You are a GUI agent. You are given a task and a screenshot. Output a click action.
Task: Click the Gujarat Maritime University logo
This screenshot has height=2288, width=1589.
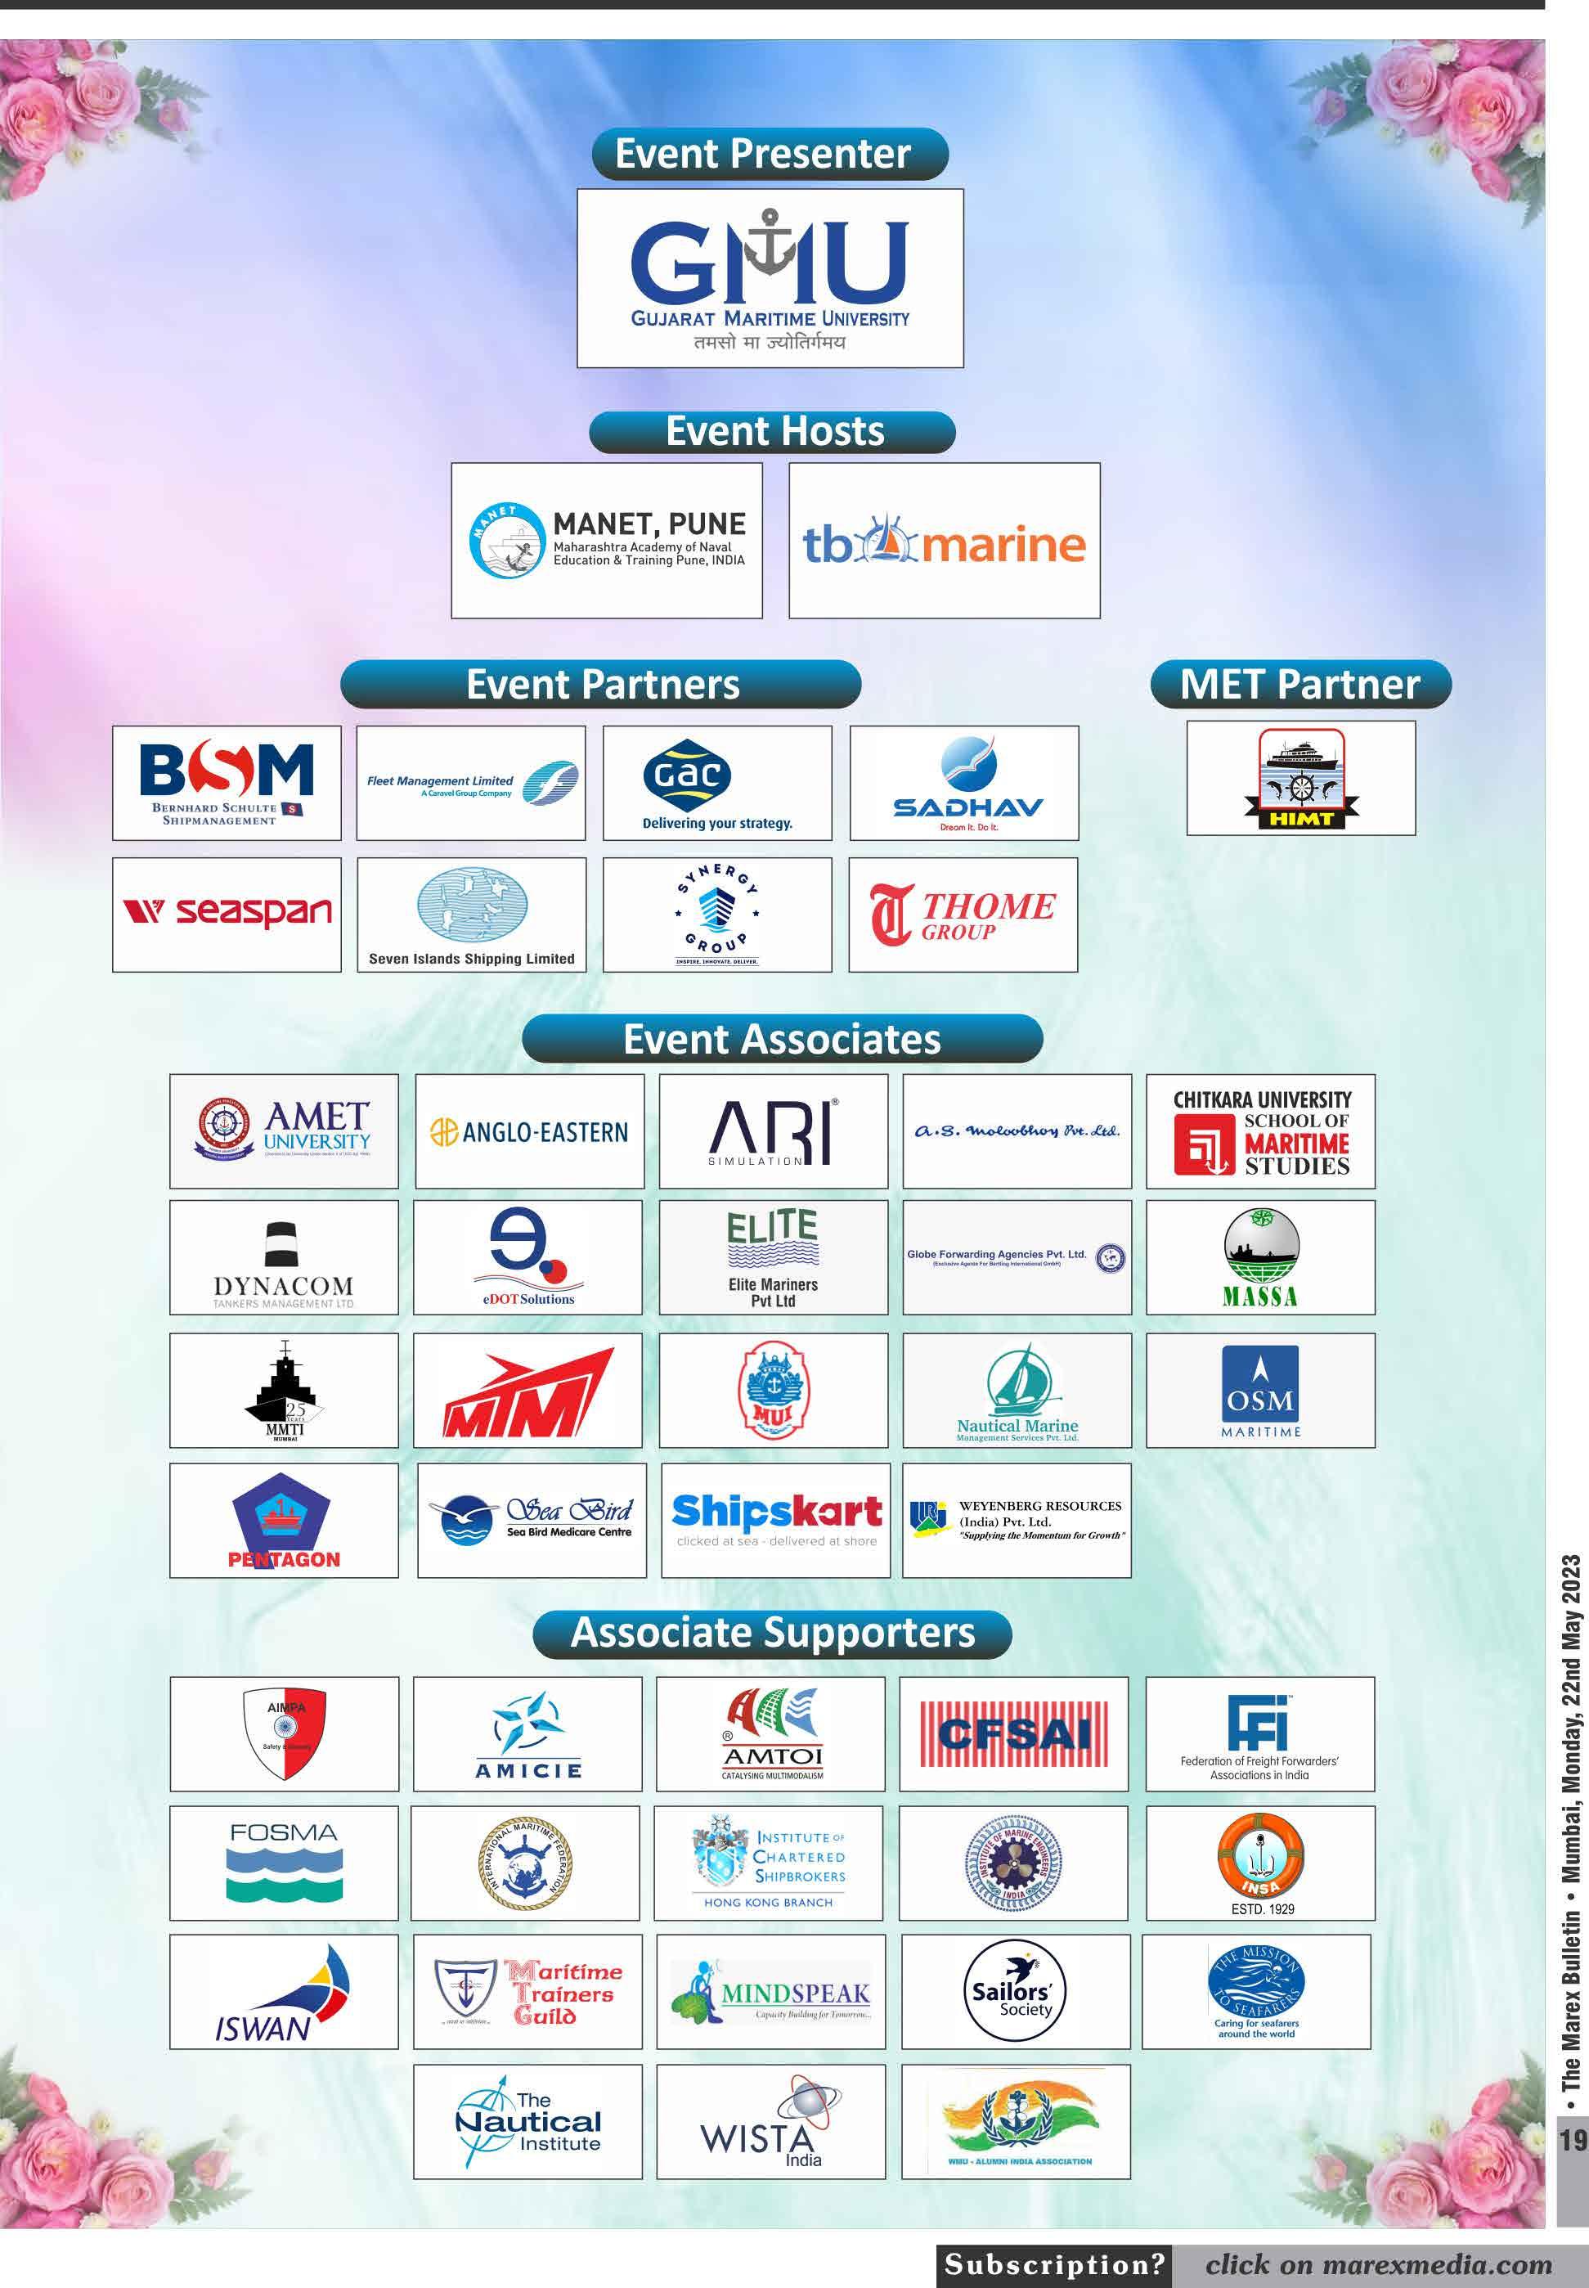(770, 278)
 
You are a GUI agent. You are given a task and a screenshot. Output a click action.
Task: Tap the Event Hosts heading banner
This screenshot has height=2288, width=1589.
(773, 432)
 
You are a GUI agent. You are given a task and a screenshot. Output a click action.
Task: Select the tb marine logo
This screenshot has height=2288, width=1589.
(944, 541)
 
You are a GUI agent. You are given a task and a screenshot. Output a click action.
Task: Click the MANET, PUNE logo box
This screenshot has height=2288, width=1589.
(606, 541)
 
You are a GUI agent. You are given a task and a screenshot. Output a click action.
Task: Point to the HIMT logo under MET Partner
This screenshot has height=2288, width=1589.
(1300, 779)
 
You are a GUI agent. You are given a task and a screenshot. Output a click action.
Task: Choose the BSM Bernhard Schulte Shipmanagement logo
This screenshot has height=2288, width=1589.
(227, 783)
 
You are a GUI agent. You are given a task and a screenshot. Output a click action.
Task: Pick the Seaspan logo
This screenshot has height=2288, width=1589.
(227, 914)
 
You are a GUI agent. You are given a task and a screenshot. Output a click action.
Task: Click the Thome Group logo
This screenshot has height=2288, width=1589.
(963, 914)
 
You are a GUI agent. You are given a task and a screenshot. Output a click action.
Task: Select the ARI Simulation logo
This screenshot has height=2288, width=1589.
(773, 1131)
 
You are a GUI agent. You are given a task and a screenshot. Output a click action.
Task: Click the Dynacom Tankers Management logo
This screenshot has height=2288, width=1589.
(284, 1257)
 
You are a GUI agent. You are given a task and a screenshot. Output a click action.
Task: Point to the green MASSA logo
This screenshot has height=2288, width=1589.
(1260, 1257)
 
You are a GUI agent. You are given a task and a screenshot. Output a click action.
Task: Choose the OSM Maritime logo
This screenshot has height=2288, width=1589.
(1260, 1390)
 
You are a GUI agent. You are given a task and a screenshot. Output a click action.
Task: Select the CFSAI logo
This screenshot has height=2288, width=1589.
(1013, 1734)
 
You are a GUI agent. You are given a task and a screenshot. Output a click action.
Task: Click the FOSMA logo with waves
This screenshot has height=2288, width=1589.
(284, 1863)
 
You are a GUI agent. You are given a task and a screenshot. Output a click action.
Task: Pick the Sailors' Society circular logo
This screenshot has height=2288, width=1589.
(1012, 1993)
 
